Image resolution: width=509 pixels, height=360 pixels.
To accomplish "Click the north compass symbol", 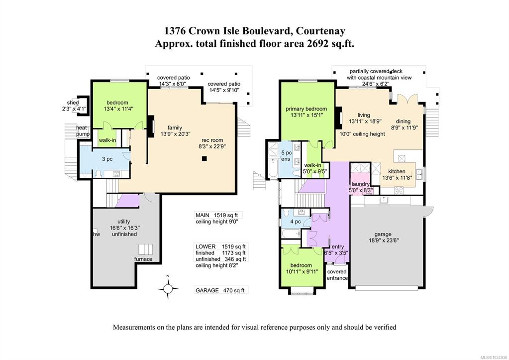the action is pyautogui.click(x=168, y=287).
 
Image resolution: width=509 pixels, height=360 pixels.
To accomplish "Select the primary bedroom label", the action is pyautogui.click(x=306, y=109).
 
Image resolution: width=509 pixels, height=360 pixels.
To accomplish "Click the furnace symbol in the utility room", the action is pyautogui.click(x=145, y=249).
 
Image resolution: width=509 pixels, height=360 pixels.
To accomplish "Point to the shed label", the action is pyautogui.click(x=73, y=103).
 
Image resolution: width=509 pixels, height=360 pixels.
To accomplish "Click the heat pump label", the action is pyautogui.click(x=82, y=130).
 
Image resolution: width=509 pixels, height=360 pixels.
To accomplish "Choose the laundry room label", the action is pyautogui.click(x=360, y=184).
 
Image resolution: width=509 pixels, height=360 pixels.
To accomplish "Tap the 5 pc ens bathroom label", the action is pyautogui.click(x=286, y=156).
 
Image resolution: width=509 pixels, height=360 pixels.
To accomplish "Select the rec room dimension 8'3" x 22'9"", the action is pyautogui.click(x=212, y=146).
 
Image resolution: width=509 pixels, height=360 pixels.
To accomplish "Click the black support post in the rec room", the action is pyautogui.click(x=204, y=158).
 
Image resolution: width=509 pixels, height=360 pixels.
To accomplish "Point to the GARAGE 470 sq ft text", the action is pyautogui.click(x=220, y=290).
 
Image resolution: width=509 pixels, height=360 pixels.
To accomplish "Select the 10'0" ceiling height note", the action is pyautogui.click(x=362, y=134).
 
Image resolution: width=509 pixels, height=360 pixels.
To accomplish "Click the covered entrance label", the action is pyautogui.click(x=337, y=274).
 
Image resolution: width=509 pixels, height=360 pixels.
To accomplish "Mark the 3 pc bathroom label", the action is pyautogui.click(x=107, y=159).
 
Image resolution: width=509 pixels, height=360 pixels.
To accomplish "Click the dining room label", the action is pyautogui.click(x=403, y=121).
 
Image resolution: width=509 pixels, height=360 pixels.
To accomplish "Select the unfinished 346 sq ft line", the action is pyautogui.click(x=220, y=259).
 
